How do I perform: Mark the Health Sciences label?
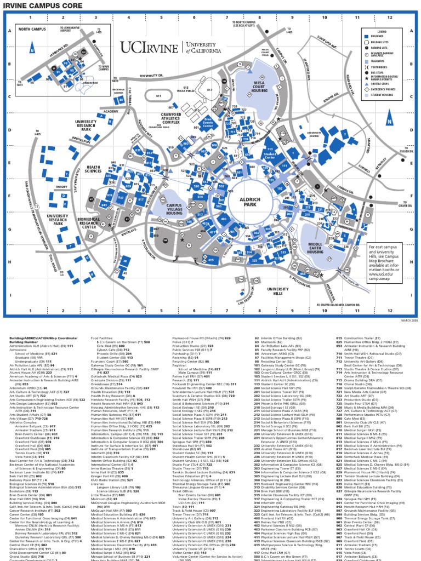pos(94,169)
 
